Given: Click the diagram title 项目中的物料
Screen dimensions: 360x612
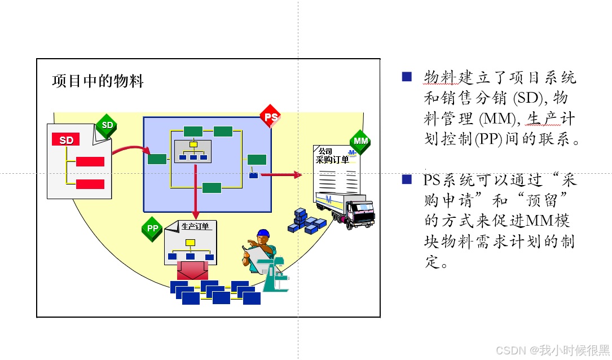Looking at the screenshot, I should (98, 81).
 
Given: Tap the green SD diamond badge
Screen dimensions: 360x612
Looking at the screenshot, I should (107, 125).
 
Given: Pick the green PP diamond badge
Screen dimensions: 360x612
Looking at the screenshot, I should (152, 229).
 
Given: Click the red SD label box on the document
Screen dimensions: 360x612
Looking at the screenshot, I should (66, 140).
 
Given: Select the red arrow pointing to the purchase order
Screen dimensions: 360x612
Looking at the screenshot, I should (281, 175).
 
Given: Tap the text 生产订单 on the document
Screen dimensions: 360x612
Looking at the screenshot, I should (195, 227).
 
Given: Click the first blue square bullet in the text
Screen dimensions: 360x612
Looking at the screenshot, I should (407, 77).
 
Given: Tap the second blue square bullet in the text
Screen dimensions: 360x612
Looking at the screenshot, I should (407, 180).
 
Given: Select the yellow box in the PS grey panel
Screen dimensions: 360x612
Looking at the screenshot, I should (193, 144).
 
